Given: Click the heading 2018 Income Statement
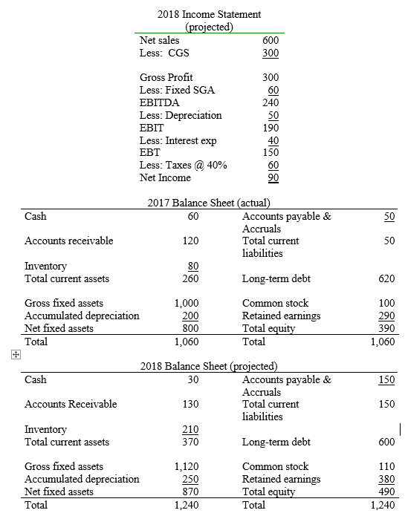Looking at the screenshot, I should click(210, 14).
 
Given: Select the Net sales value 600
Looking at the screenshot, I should click(270, 41).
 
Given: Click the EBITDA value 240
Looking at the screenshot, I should click(270, 103).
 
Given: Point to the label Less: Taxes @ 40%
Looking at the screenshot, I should click(184, 166).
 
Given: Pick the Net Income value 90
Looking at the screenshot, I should click(273, 177).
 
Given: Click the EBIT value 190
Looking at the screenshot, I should click(270, 128).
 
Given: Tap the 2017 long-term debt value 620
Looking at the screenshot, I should click(386, 278).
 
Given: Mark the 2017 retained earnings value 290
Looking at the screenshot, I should click(386, 316).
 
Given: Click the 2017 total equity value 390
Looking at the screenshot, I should click(386, 328).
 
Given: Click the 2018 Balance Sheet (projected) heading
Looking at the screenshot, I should click(209, 366).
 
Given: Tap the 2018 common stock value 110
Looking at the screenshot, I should click(386, 466).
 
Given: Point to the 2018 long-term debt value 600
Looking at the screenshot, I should click(386, 442).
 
